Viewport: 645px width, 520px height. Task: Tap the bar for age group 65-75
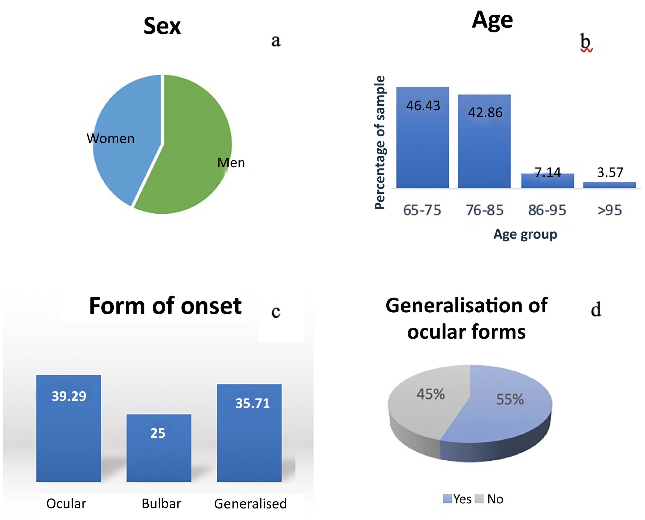(x=423, y=137)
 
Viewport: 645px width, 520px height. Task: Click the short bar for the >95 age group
(x=609, y=185)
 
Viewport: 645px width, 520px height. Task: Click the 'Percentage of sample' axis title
(x=380, y=143)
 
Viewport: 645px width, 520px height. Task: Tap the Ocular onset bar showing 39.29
(x=69, y=428)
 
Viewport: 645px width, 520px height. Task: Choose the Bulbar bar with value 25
(x=159, y=448)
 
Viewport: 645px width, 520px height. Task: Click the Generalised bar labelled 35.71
(x=249, y=433)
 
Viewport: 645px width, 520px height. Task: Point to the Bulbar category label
(x=161, y=504)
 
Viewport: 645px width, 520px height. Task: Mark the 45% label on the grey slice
(x=431, y=394)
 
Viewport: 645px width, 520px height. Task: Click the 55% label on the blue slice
(x=510, y=399)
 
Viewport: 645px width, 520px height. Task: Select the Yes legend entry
(x=457, y=499)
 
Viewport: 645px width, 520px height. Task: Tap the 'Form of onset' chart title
(x=165, y=306)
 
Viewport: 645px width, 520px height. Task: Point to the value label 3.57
(x=610, y=172)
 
